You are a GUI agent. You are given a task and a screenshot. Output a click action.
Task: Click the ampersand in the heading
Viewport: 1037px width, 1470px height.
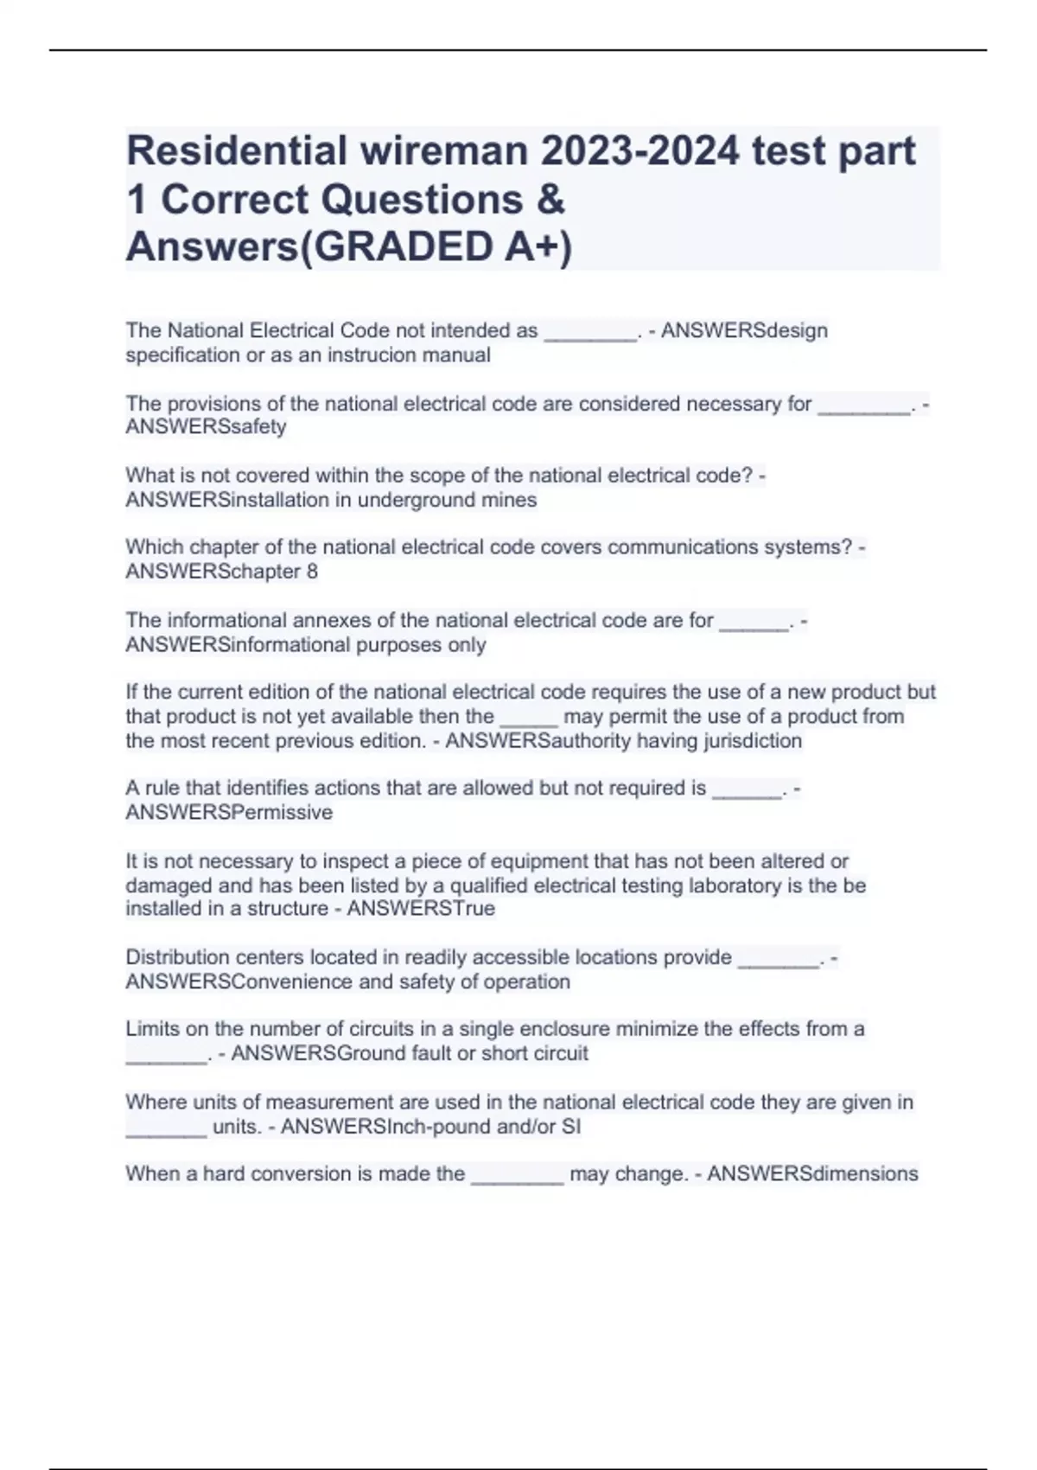click(x=550, y=199)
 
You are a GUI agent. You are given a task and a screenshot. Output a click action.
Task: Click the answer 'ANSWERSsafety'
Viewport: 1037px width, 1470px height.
click(x=206, y=427)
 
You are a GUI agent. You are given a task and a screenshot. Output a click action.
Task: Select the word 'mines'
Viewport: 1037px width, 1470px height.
click(x=511, y=500)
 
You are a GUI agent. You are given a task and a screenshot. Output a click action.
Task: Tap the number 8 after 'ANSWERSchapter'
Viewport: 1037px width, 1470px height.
click(x=312, y=572)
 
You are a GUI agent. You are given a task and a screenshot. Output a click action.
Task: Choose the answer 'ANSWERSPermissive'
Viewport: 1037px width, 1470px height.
click(x=229, y=813)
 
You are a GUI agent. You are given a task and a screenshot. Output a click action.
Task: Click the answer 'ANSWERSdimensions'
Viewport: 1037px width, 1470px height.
click(x=812, y=1174)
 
